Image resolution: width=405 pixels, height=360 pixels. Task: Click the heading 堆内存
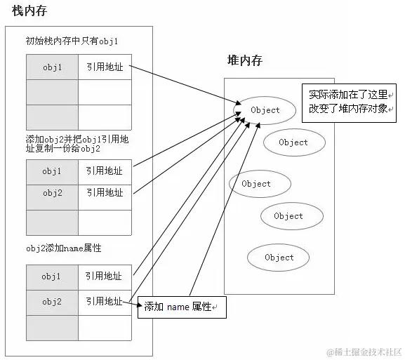tap(244, 60)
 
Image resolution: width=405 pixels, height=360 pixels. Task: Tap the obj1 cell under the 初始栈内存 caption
tap(52, 67)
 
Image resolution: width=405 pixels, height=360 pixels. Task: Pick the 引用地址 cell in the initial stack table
tap(104, 67)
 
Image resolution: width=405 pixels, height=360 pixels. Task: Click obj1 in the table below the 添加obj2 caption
tap(52, 171)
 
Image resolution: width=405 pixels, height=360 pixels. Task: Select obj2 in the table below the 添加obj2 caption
tap(52, 192)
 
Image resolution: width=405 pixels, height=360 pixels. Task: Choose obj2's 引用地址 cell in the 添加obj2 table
tap(104, 192)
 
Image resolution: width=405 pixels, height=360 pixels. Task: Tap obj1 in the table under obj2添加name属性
tap(52, 276)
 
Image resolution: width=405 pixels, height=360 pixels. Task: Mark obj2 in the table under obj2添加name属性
tap(52, 301)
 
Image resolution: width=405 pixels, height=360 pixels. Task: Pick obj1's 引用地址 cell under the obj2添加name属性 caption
tap(104, 276)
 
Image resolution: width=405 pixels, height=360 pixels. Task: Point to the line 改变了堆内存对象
tap(348, 109)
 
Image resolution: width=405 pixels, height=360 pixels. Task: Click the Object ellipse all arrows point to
tap(264, 110)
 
